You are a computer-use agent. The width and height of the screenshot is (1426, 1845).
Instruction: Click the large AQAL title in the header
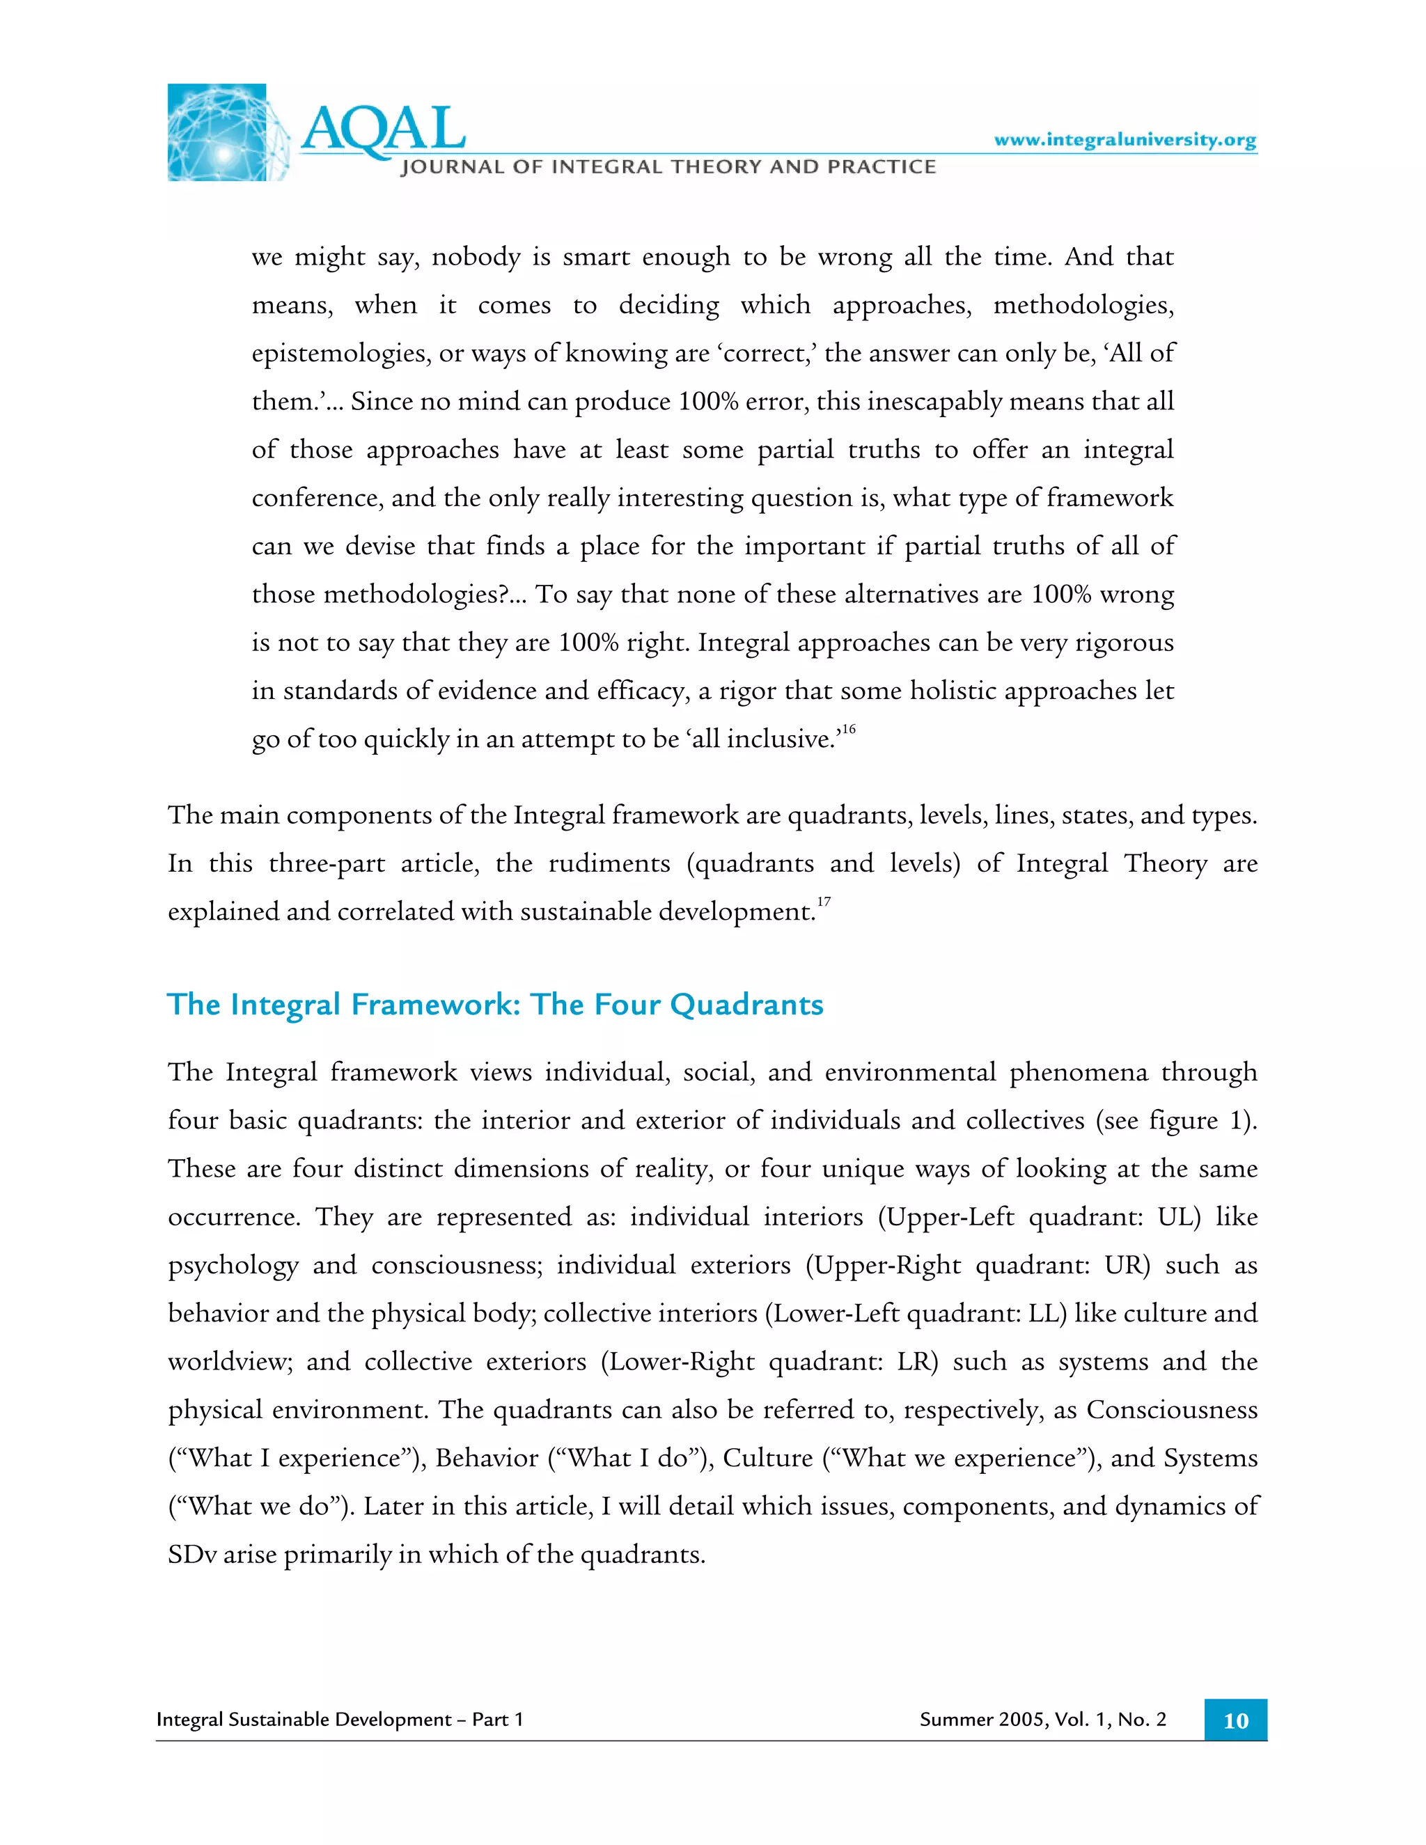pos(383,131)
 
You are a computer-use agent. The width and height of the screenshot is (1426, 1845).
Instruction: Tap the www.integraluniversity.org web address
pos(1125,139)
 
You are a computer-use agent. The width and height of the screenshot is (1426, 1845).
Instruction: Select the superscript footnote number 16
pos(847,728)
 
